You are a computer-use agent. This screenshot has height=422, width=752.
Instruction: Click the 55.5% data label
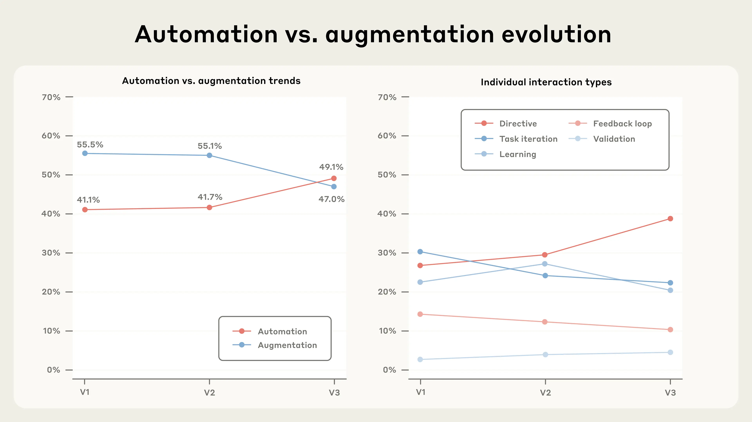90,145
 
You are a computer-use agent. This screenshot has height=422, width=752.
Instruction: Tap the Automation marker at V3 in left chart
334,178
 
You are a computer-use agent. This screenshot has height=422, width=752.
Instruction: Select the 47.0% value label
331,199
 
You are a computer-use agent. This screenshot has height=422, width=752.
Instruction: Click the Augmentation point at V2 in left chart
209,156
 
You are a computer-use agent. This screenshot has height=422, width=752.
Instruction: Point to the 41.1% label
88,200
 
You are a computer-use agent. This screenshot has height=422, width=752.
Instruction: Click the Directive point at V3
670,219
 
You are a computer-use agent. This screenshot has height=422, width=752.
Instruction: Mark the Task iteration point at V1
420,252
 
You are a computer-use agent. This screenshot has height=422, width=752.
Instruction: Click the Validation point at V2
545,355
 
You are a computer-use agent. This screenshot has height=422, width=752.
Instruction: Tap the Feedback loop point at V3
670,329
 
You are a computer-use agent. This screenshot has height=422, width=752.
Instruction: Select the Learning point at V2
545,264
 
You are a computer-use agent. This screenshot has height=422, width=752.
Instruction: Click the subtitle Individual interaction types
546,82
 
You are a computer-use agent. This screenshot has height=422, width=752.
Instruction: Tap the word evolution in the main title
556,34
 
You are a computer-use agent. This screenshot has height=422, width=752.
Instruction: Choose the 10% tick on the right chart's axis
387,331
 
